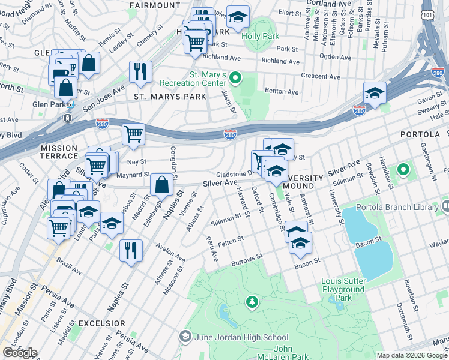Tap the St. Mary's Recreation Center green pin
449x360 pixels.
pos(236,77)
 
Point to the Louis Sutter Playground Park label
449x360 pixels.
pos(343,289)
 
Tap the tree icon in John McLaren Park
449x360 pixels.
pos(253,302)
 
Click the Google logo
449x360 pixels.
pos(20,353)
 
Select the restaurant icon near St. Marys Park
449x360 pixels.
pos(140,71)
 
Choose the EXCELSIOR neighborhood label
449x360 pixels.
pos(101,323)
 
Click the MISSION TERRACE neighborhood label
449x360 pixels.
pos(59,148)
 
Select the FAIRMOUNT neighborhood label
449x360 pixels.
pos(154,5)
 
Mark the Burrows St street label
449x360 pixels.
pos(248,260)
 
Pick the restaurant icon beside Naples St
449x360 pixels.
pos(131,250)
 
